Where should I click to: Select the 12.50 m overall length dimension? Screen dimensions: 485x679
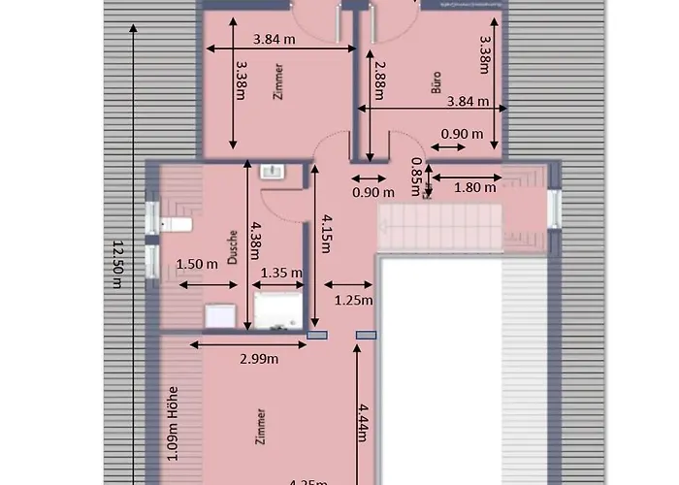[118, 264]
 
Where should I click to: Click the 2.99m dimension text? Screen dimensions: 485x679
[259, 359]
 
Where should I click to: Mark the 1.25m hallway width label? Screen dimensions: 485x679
[354, 301]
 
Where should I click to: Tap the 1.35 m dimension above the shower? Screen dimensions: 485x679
[281, 273]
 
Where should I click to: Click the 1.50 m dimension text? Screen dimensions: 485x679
[196, 264]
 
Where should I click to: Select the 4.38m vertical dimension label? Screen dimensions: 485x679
[255, 235]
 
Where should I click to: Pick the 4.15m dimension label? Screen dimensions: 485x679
[327, 233]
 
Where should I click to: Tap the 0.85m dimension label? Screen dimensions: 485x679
[415, 173]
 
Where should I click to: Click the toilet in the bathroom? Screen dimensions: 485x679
[175, 225]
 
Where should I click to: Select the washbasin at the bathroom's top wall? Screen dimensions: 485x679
[272, 172]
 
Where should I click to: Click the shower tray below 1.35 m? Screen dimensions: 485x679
[279, 310]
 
